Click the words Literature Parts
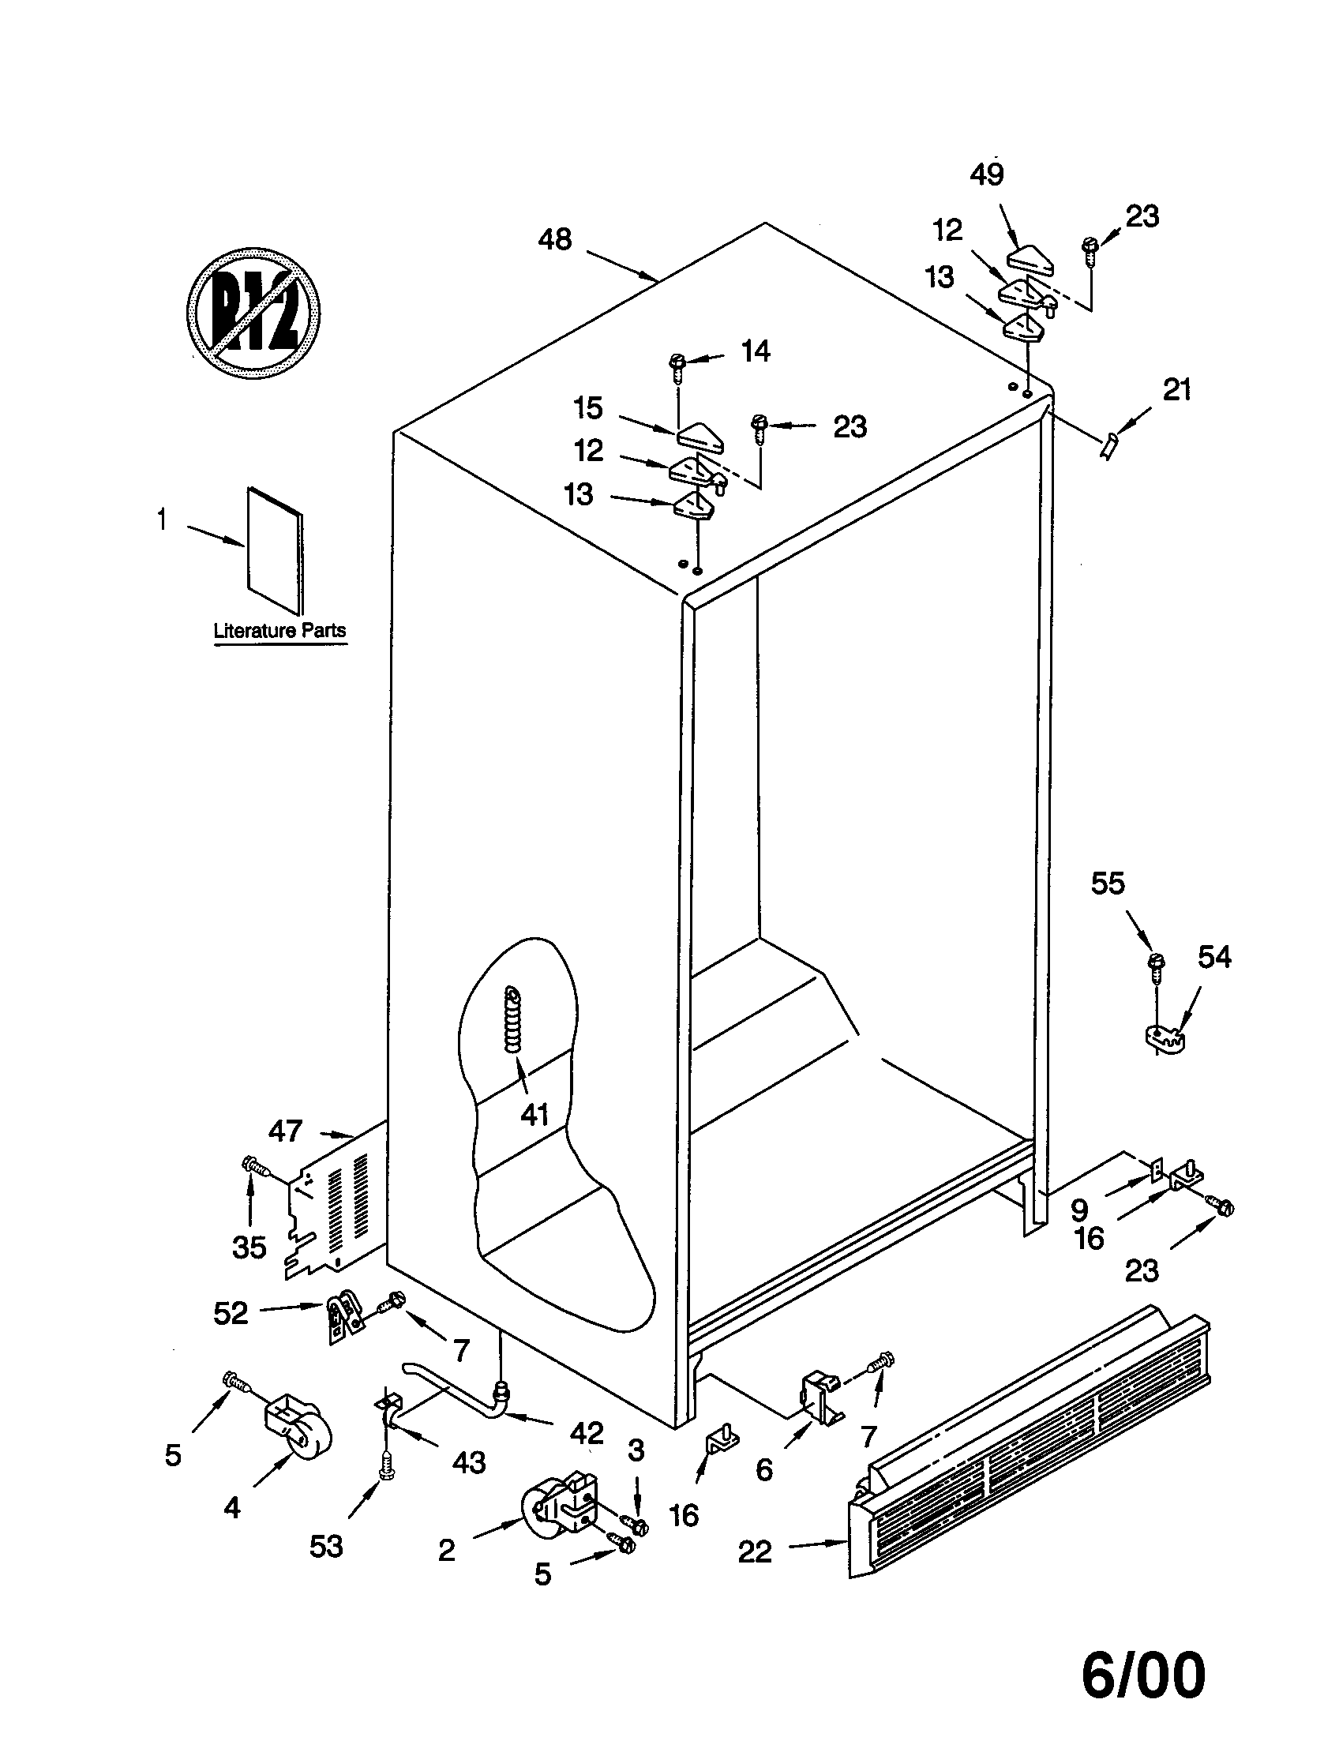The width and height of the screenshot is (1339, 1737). (280, 631)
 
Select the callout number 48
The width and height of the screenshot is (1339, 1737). (554, 239)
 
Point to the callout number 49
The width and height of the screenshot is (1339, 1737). (987, 174)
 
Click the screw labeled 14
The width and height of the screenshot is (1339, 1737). (677, 362)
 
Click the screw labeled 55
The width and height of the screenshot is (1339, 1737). (1154, 964)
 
